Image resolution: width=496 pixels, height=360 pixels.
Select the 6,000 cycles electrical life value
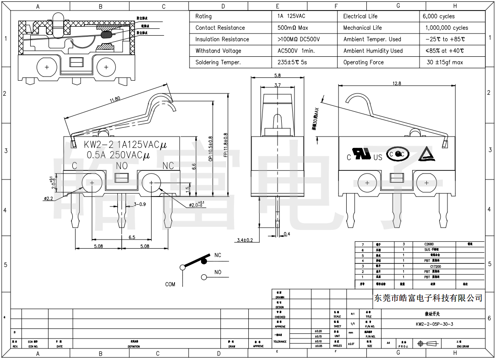pyautogui.click(x=439, y=16)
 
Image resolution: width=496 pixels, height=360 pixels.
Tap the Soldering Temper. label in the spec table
pyautogui.click(x=218, y=62)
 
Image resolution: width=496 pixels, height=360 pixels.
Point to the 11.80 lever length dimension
pyautogui.click(x=114, y=99)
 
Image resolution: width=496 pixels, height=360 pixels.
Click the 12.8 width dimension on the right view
pyautogui.click(x=397, y=83)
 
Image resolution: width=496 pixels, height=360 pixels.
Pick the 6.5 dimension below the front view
pyautogui.click(x=131, y=237)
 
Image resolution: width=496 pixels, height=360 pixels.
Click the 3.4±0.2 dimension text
pyautogui.click(x=245, y=240)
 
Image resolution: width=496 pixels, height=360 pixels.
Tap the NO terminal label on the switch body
pyautogui.click(x=122, y=166)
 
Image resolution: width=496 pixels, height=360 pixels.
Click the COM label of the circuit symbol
pyautogui.click(x=170, y=284)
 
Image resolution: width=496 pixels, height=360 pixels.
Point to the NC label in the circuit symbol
pyautogui.click(x=218, y=255)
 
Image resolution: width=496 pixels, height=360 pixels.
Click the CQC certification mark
pyautogui.click(x=396, y=154)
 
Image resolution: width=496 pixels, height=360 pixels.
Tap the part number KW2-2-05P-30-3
pyautogui.click(x=434, y=324)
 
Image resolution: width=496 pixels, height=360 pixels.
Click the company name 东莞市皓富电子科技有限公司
pyautogui.click(x=428, y=298)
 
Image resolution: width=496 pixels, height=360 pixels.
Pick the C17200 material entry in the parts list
pyautogui.click(x=435, y=266)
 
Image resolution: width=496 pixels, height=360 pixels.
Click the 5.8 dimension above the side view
pyautogui.click(x=278, y=75)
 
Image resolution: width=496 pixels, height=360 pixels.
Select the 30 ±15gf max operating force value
pyautogui.click(x=445, y=62)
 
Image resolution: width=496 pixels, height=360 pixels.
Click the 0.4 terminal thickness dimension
pyautogui.click(x=287, y=234)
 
